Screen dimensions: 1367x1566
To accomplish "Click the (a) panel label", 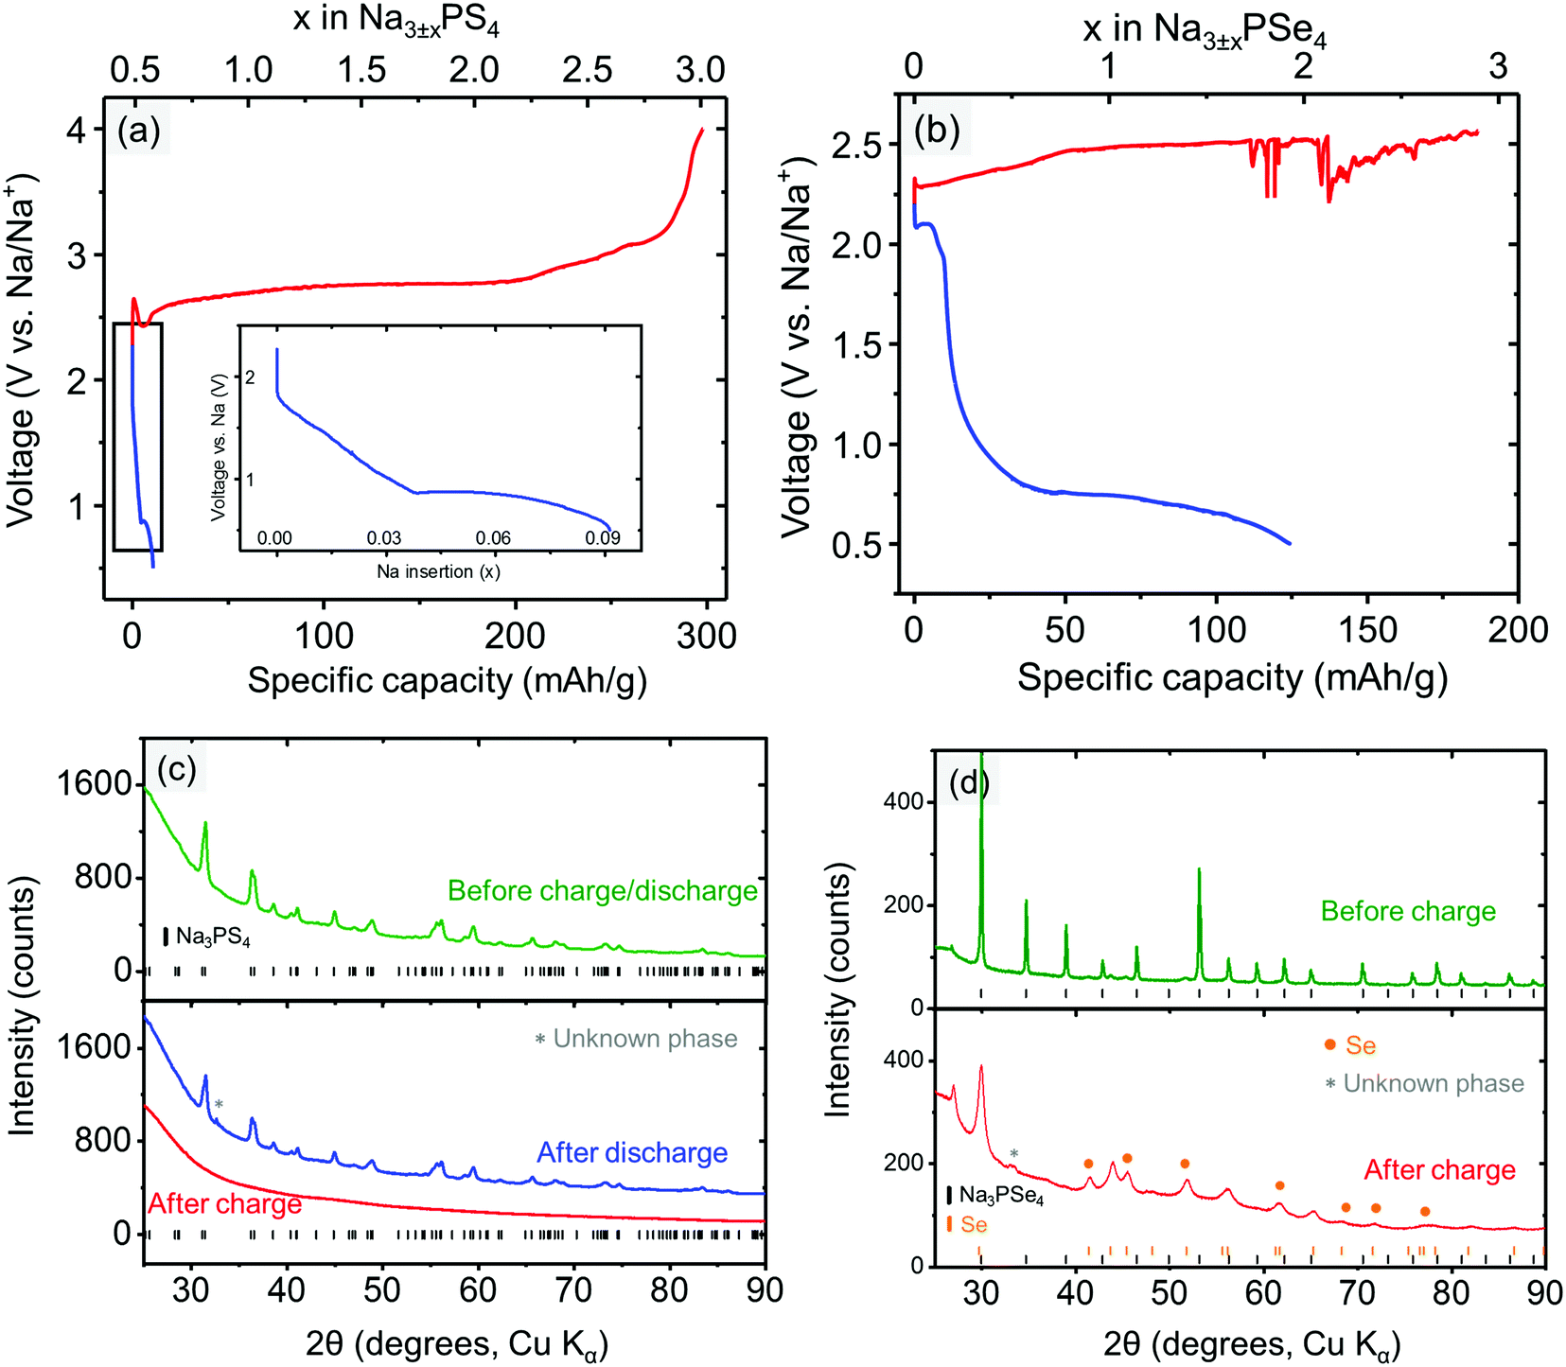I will coord(139,131).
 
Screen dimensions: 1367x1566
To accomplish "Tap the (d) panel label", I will coord(968,782).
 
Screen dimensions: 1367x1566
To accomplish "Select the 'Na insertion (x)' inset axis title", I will coord(438,571).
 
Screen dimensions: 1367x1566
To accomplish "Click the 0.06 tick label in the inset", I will coord(493,537).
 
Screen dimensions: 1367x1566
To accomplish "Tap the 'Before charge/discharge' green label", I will coord(603,891).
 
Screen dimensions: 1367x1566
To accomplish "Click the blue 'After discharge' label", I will coord(632,1152).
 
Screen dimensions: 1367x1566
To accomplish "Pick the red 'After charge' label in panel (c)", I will coord(225,1203).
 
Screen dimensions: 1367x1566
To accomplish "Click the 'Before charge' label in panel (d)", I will coord(1408,911).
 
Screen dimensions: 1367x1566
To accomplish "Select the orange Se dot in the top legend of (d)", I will coord(1330,1044).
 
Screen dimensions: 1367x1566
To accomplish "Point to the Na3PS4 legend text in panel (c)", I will coord(213,938).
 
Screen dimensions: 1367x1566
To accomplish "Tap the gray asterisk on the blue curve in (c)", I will coord(219,1105).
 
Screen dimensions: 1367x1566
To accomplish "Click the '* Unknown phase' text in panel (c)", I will coord(636,1039).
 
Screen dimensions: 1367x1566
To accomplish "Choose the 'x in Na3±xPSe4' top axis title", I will coord(1205,30).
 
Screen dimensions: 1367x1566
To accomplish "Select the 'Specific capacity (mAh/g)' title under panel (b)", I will coord(1231,677).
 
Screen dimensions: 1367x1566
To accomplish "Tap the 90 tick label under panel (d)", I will coord(1543,1292).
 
